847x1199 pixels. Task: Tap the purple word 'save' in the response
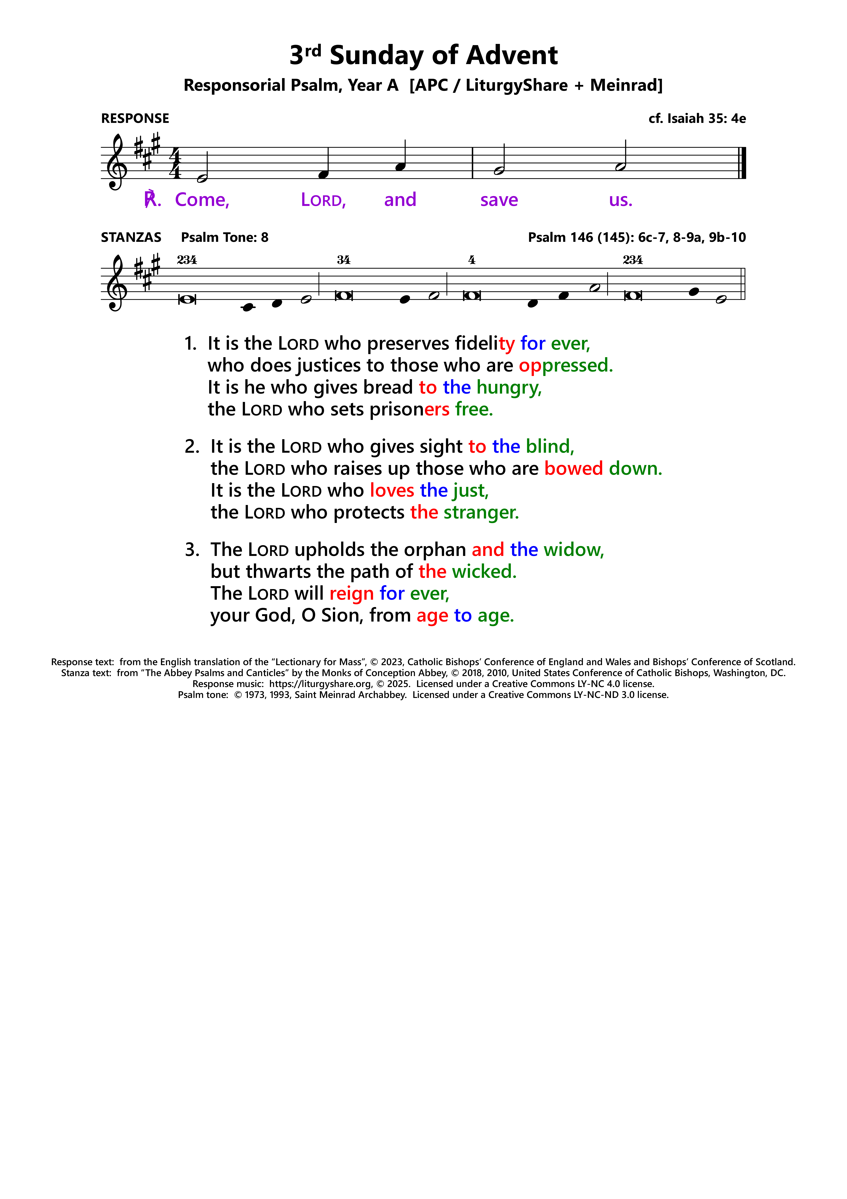pyautogui.click(x=499, y=200)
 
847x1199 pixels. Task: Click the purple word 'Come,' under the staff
pyautogui.click(x=202, y=200)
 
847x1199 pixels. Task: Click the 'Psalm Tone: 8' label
pyautogui.click(x=224, y=238)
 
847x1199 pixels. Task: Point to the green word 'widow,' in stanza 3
pyautogui.click(x=573, y=550)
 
